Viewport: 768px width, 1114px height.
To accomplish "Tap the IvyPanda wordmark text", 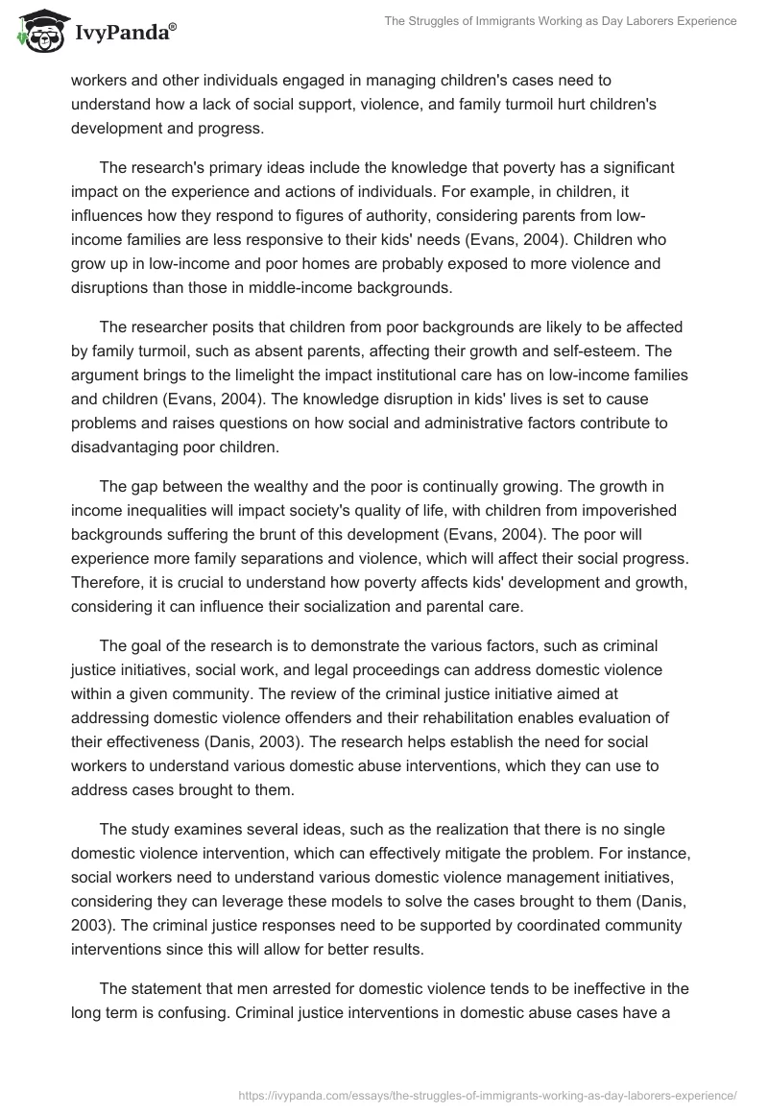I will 122,35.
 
